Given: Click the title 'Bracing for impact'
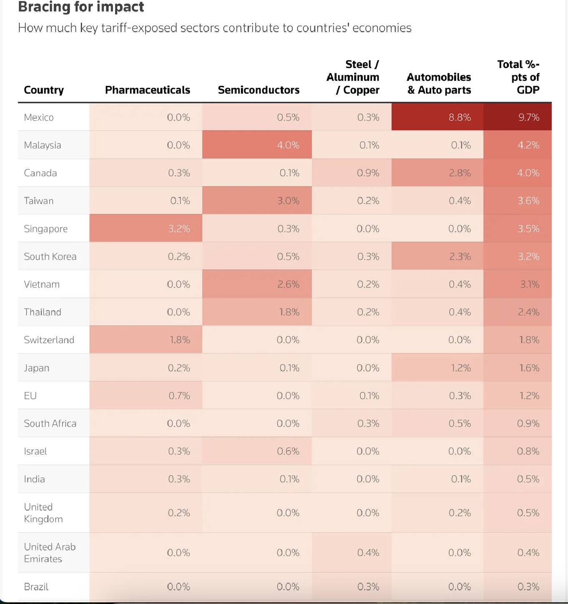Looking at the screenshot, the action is [81, 7].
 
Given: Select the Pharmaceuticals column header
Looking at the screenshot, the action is [148, 90].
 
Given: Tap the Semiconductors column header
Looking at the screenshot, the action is [259, 90].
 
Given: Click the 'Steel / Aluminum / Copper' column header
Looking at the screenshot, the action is [353, 77].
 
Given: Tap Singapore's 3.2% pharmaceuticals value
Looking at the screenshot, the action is [179, 229].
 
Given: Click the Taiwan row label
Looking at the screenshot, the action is [39, 201].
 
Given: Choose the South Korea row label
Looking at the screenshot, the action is [50, 257].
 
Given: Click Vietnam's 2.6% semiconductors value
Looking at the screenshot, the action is [288, 284].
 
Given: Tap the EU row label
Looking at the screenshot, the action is [30, 396].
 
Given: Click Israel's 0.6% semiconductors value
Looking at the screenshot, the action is [288, 451].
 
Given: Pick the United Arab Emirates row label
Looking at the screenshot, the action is [50, 553].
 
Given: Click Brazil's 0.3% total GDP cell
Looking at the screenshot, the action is [528, 586].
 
